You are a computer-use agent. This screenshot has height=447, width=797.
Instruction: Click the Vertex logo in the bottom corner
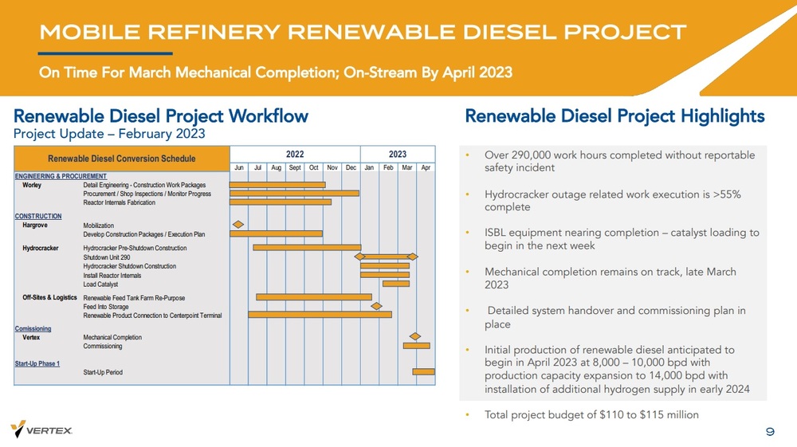tap(41, 429)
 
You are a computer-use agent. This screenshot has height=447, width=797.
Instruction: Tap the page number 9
tap(770, 431)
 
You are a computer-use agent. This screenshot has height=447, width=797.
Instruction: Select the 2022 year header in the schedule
tap(294, 154)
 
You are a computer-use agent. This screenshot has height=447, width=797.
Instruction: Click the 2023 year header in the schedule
tap(397, 154)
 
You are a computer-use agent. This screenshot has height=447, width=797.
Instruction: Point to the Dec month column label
tap(351, 168)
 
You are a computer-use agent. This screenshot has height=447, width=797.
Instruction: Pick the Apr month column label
tap(426, 168)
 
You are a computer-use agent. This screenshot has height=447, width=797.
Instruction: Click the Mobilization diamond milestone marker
tap(237, 224)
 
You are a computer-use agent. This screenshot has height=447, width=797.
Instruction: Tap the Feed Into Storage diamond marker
tap(376, 306)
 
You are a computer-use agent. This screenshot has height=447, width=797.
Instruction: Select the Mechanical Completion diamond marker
tap(414, 337)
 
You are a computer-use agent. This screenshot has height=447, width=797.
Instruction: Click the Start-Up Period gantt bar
tap(423, 371)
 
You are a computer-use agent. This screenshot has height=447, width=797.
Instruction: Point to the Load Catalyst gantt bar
tap(395, 284)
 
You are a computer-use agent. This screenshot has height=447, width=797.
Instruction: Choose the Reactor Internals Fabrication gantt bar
tap(280, 202)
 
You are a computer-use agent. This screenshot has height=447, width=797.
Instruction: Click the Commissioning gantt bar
tap(416, 346)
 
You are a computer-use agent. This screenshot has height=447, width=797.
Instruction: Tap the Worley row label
tap(33, 185)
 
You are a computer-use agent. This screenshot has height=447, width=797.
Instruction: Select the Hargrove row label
tap(36, 225)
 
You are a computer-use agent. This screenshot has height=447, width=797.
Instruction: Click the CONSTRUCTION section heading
tap(38, 216)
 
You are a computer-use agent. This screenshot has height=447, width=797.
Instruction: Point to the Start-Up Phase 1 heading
tap(37, 363)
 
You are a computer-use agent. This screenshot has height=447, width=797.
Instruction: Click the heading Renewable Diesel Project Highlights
tap(614, 116)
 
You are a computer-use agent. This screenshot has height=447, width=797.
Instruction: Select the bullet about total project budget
tap(591, 414)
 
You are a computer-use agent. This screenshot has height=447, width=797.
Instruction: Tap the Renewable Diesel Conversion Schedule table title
tap(121, 159)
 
